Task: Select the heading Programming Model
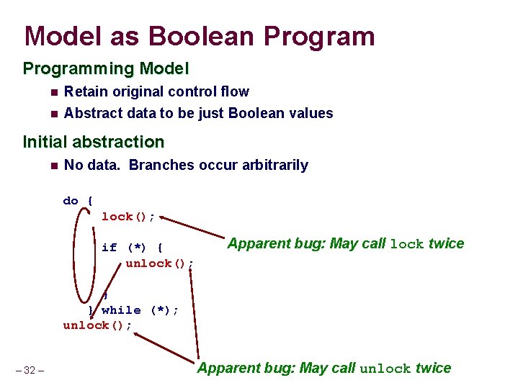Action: pos(106,69)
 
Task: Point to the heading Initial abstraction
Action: pos(94,142)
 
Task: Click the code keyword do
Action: pos(71,201)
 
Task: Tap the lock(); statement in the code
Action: pos(128,217)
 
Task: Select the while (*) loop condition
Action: pos(140,310)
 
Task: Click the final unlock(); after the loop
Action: pos(97,325)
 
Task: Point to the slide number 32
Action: pos(30,371)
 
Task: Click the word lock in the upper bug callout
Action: pos(407,244)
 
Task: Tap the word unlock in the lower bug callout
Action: pos(385,369)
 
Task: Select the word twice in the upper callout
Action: pos(446,243)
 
